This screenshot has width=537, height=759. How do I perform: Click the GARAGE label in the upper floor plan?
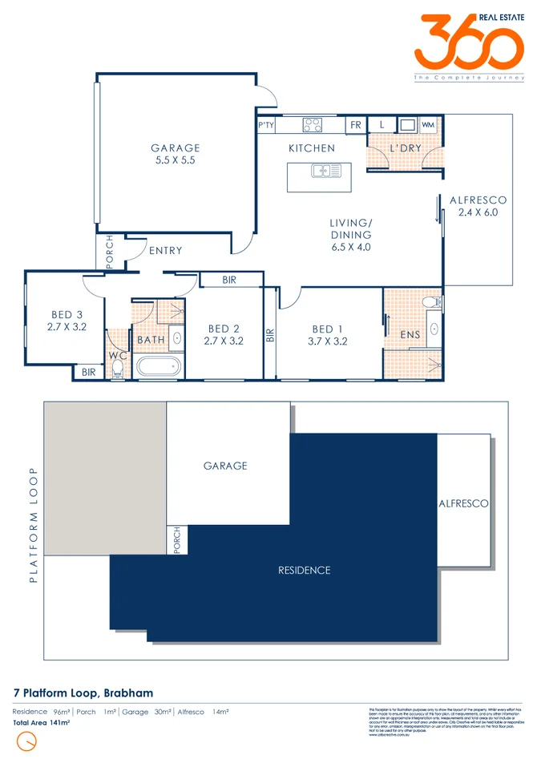pyautogui.click(x=176, y=148)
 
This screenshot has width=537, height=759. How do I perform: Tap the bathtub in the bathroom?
pyautogui.click(x=159, y=368)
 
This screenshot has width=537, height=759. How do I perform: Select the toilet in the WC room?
pyautogui.click(x=119, y=368)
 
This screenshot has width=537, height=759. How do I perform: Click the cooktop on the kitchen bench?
pyautogui.click(x=312, y=125)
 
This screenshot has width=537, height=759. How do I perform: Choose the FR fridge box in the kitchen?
pyautogui.click(x=355, y=125)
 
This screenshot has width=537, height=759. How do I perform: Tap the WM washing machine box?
pyautogui.click(x=427, y=125)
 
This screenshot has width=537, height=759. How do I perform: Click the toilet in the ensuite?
pyautogui.click(x=430, y=302)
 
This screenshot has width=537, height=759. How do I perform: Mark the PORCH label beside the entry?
pyautogui.click(x=110, y=250)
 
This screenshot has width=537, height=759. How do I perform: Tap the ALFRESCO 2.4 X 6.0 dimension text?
pyautogui.click(x=478, y=212)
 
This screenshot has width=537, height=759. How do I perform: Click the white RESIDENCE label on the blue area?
pyautogui.click(x=304, y=571)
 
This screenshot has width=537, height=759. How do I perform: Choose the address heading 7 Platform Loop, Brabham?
pyautogui.click(x=83, y=692)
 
